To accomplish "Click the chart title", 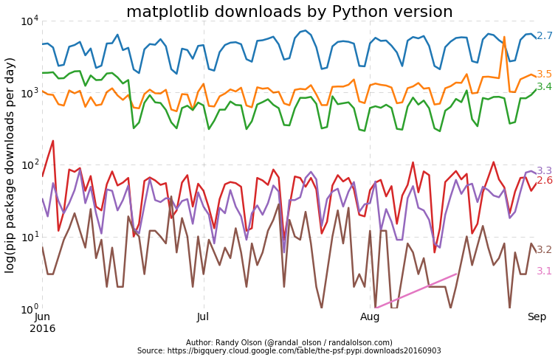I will click(x=289, y=12).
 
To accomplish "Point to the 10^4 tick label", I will click(x=29, y=21).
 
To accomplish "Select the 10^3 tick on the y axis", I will click(x=29, y=93).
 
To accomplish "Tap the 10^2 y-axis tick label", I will click(x=29, y=165).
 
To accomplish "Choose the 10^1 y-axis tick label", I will click(x=29, y=237).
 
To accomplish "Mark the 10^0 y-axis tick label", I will click(x=29, y=308).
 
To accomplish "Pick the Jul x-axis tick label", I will click(x=204, y=316).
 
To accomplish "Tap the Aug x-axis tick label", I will click(x=370, y=316).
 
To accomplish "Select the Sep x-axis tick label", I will click(x=536, y=316).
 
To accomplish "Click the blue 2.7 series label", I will click(x=544, y=36).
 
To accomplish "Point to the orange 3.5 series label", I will click(x=544, y=75).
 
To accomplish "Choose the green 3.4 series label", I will click(x=544, y=87).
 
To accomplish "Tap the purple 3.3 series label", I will click(x=544, y=171).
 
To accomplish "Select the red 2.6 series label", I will click(x=544, y=181).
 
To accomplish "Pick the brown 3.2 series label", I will click(x=544, y=250).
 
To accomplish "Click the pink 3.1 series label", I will click(x=544, y=271).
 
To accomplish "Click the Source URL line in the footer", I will click(x=289, y=351).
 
